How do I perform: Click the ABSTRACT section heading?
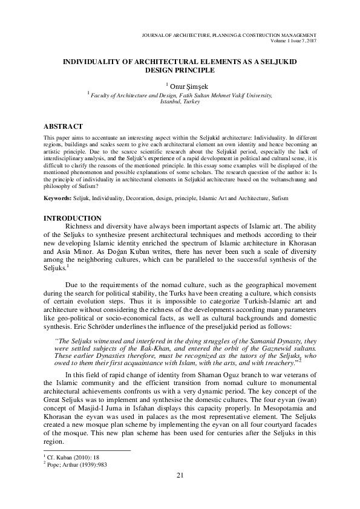point(64,126)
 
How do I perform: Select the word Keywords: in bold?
point(58,198)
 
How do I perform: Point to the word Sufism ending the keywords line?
point(278,198)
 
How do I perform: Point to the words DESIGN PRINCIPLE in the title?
point(180,70)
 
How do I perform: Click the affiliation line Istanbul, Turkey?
point(179,102)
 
